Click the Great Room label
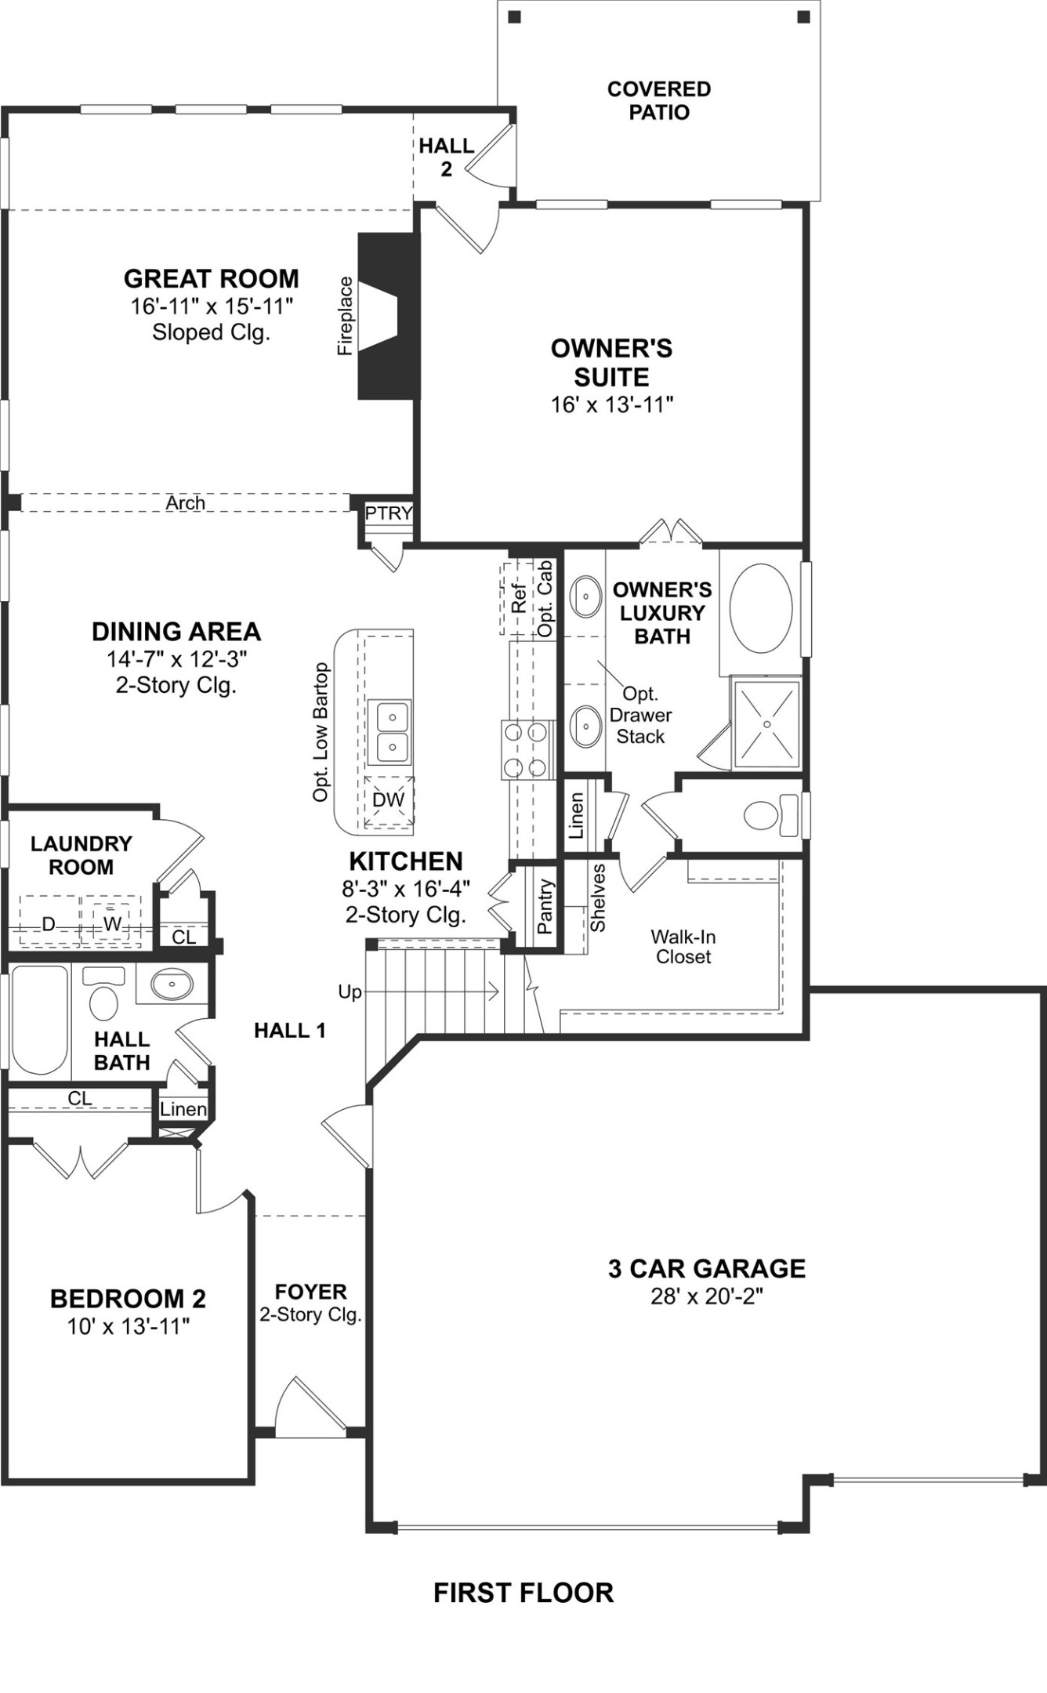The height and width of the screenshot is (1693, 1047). point(212,279)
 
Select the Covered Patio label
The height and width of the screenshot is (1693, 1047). point(659,100)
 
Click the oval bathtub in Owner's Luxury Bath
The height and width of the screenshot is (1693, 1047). point(760,607)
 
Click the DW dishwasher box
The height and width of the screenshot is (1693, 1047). point(388,800)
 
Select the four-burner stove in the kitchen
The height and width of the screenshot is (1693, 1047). point(524,750)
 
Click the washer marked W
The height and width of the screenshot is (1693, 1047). point(112,923)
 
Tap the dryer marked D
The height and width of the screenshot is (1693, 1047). point(49,924)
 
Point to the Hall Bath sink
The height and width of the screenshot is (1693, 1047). point(172,984)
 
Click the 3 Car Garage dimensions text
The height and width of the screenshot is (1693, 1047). point(706,1296)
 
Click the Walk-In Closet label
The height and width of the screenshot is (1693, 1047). point(683,947)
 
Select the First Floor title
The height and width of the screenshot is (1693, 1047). point(523,1593)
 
